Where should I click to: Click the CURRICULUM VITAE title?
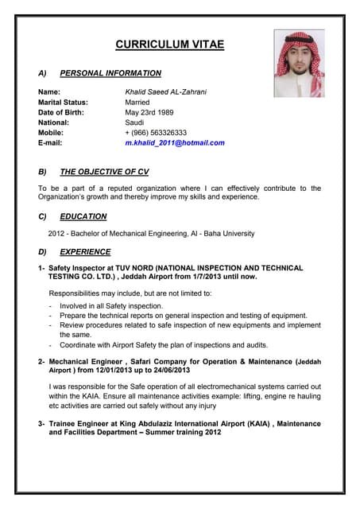click(x=169, y=45)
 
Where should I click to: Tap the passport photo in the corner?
click(x=299, y=64)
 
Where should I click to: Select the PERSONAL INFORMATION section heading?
click(x=110, y=73)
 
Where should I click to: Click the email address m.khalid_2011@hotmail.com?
click(x=175, y=143)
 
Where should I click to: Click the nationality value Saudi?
click(x=134, y=123)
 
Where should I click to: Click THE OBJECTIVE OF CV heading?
click(x=104, y=172)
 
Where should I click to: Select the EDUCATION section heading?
click(x=83, y=216)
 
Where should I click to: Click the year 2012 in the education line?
click(x=56, y=234)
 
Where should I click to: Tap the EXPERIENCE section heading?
click(x=85, y=252)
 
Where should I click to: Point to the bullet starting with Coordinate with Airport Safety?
click(x=164, y=345)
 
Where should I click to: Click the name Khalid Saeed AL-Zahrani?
click(x=166, y=92)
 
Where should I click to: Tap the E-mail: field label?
click(x=52, y=143)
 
